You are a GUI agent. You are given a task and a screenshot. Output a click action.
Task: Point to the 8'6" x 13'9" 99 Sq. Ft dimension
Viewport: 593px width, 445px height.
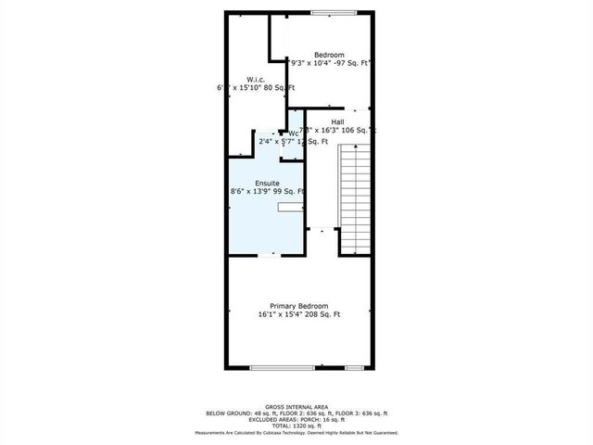point(268,192)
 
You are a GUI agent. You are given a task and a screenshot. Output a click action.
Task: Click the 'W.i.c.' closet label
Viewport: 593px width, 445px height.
point(257,79)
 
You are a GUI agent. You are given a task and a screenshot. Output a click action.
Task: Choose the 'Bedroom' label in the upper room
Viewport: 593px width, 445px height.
point(329,55)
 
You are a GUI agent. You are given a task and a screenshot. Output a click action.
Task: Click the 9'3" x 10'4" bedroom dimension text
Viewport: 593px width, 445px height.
point(329,64)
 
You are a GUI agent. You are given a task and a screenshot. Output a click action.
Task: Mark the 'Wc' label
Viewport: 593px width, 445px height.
point(293,133)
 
